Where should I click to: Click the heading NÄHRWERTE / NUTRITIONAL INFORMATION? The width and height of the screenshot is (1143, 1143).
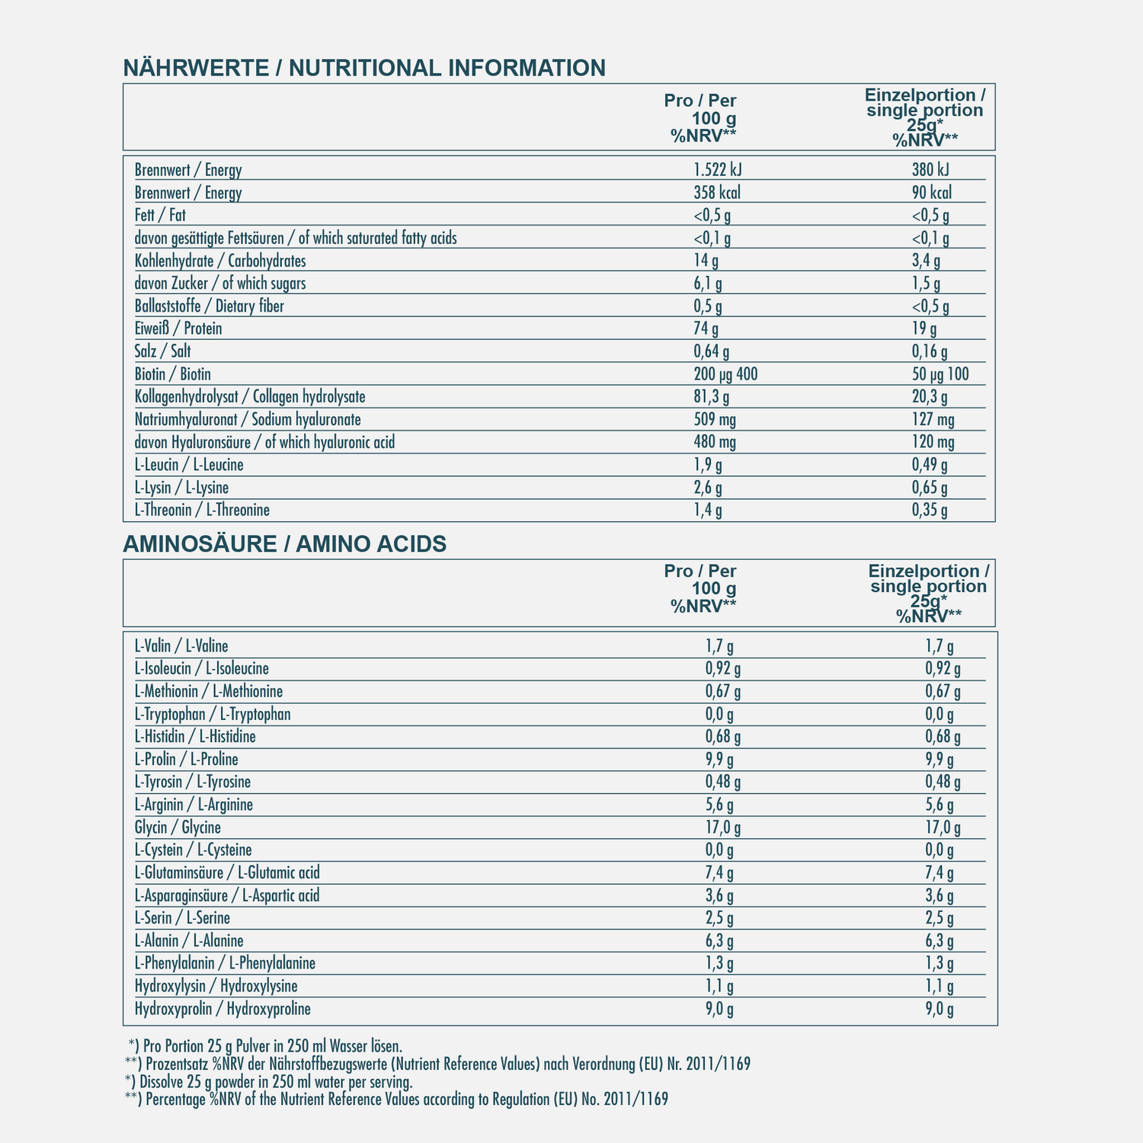(x=364, y=68)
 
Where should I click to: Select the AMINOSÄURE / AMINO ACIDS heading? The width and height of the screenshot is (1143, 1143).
(x=284, y=544)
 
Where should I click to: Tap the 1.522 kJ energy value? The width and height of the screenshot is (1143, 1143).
(x=719, y=170)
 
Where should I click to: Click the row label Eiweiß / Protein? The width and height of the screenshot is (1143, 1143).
(x=178, y=328)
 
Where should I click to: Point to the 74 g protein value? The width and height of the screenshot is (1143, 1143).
(x=706, y=328)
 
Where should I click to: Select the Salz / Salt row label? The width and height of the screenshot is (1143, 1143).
(x=162, y=351)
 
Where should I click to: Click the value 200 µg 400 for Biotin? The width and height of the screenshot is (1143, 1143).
(x=726, y=374)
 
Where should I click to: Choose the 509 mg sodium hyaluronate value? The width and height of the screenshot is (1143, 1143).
(x=715, y=419)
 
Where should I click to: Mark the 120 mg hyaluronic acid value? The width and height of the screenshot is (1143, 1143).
(x=933, y=442)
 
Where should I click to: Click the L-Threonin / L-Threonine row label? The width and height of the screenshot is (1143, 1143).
(x=202, y=510)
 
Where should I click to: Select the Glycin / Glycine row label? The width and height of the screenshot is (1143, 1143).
(x=178, y=828)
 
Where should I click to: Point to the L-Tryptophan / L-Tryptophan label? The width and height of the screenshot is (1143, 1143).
(x=213, y=714)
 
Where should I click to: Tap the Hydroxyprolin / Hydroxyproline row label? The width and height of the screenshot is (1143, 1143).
(x=223, y=1009)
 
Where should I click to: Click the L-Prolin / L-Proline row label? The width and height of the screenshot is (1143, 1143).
(x=186, y=759)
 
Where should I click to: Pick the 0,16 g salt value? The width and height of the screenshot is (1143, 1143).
(x=930, y=351)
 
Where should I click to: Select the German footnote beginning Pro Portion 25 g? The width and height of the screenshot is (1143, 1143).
(x=265, y=1045)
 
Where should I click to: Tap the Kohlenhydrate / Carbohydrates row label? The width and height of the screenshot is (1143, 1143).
(x=220, y=261)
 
